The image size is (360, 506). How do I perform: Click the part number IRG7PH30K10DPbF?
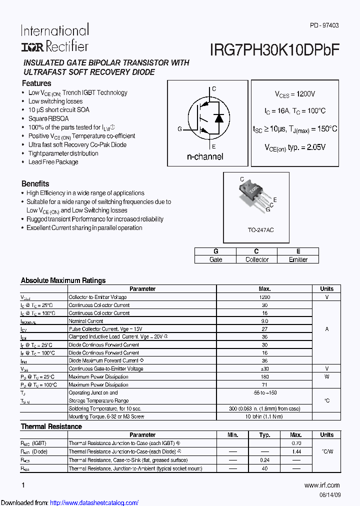pos(275,49)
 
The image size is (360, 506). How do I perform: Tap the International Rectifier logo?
pos(54,38)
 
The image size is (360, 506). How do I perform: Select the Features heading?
pos(36,83)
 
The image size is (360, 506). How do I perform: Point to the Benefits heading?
pos(35,183)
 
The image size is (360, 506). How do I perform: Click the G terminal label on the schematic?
pos(179,129)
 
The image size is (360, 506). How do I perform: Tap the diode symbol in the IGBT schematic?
pos(218,118)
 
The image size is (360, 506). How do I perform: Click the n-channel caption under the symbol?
pos(205,156)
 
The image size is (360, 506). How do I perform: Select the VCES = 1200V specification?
pos(295,94)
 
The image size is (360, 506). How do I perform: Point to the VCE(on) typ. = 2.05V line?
pos(295,147)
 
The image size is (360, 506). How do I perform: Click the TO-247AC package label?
pos(261,229)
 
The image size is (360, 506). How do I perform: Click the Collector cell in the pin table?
pos(257,259)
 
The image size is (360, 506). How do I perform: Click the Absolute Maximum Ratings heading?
pos(63,280)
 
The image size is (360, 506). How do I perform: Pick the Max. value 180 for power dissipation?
pos(264,376)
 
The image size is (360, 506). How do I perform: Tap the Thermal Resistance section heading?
pos(51,426)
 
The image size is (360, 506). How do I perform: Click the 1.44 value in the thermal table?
pos(296,451)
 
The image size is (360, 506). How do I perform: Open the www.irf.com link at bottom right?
pos(321,485)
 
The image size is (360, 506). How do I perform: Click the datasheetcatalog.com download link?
pos(94,502)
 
